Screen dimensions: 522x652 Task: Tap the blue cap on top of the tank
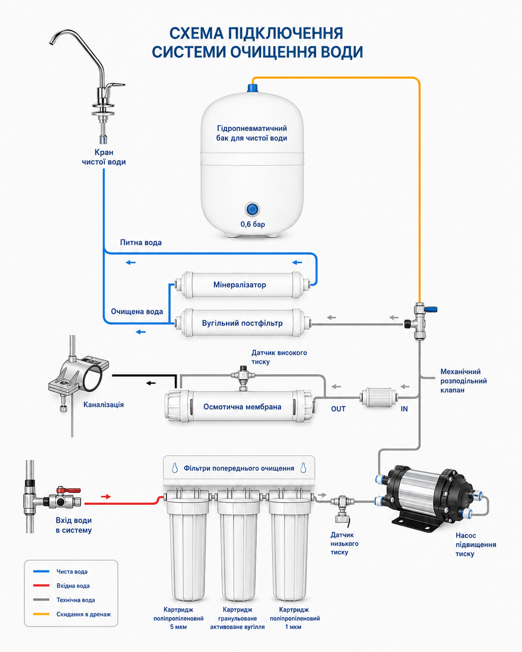click(253, 87)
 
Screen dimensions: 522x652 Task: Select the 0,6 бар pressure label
click(253, 224)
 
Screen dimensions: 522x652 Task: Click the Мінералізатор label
click(240, 285)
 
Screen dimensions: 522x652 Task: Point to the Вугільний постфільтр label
click(242, 323)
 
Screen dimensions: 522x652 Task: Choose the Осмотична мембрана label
click(242, 406)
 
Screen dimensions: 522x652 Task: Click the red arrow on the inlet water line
click(106, 497)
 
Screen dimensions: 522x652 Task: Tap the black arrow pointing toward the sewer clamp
click(151, 383)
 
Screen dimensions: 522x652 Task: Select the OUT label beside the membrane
click(338, 409)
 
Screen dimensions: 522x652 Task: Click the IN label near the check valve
click(404, 409)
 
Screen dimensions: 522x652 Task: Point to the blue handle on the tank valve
click(430, 309)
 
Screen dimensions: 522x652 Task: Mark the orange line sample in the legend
click(41, 614)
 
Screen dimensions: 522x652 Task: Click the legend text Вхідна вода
click(73, 585)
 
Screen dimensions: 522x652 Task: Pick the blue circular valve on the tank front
click(252, 209)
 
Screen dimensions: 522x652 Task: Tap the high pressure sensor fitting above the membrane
click(243, 378)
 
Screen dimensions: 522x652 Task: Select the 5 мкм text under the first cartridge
click(178, 627)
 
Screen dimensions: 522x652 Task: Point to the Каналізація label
click(104, 405)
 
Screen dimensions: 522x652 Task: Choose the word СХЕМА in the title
click(196, 33)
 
